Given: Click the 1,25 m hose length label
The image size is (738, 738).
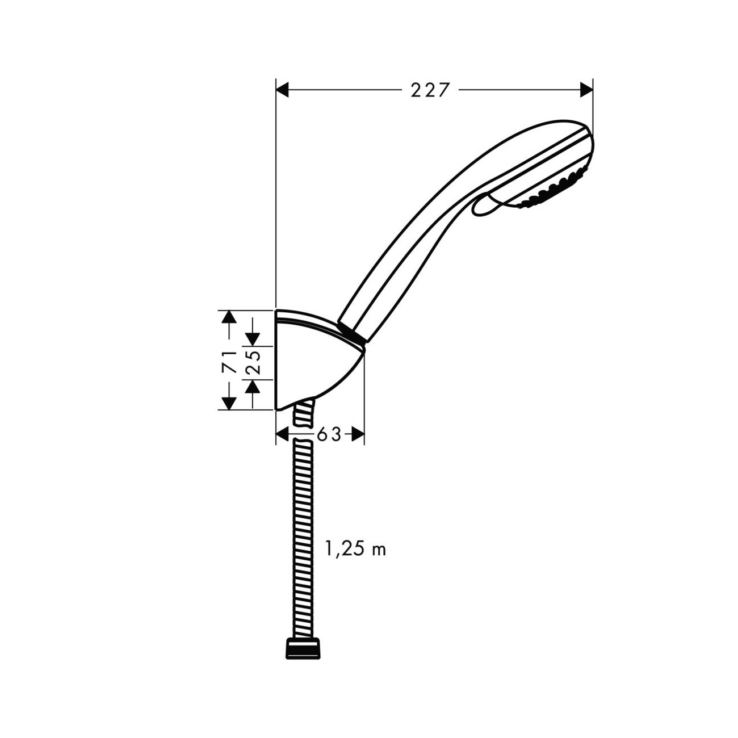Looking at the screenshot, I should click(x=355, y=549).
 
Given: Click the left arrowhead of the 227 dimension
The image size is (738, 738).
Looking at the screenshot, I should click(x=283, y=90).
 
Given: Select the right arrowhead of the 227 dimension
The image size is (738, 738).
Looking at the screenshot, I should click(x=585, y=90).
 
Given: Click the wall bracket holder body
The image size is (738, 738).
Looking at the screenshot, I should click(x=312, y=363).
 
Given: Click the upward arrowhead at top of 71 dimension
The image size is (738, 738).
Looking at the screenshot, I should click(x=229, y=317).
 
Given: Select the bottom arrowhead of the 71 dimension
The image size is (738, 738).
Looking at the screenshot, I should click(x=229, y=402).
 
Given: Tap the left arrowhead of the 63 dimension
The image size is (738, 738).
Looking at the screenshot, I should click(x=283, y=434).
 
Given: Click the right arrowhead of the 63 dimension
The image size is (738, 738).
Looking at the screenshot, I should click(x=357, y=434).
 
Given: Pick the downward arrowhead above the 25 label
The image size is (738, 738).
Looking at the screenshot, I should click(x=253, y=339).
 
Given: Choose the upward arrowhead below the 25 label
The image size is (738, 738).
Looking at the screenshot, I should click(x=253, y=386).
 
